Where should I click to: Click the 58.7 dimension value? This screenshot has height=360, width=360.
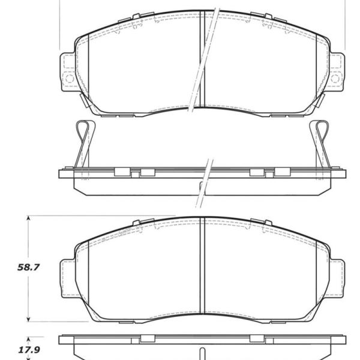(28, 268)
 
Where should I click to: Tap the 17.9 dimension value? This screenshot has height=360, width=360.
(29, 350)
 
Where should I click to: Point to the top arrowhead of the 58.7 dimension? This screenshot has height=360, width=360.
(28, 218)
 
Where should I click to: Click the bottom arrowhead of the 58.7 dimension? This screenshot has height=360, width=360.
(28, 319)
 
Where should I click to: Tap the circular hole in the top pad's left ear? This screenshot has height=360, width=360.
(70, 79)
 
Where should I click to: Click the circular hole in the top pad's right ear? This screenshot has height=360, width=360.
(335, 79)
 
